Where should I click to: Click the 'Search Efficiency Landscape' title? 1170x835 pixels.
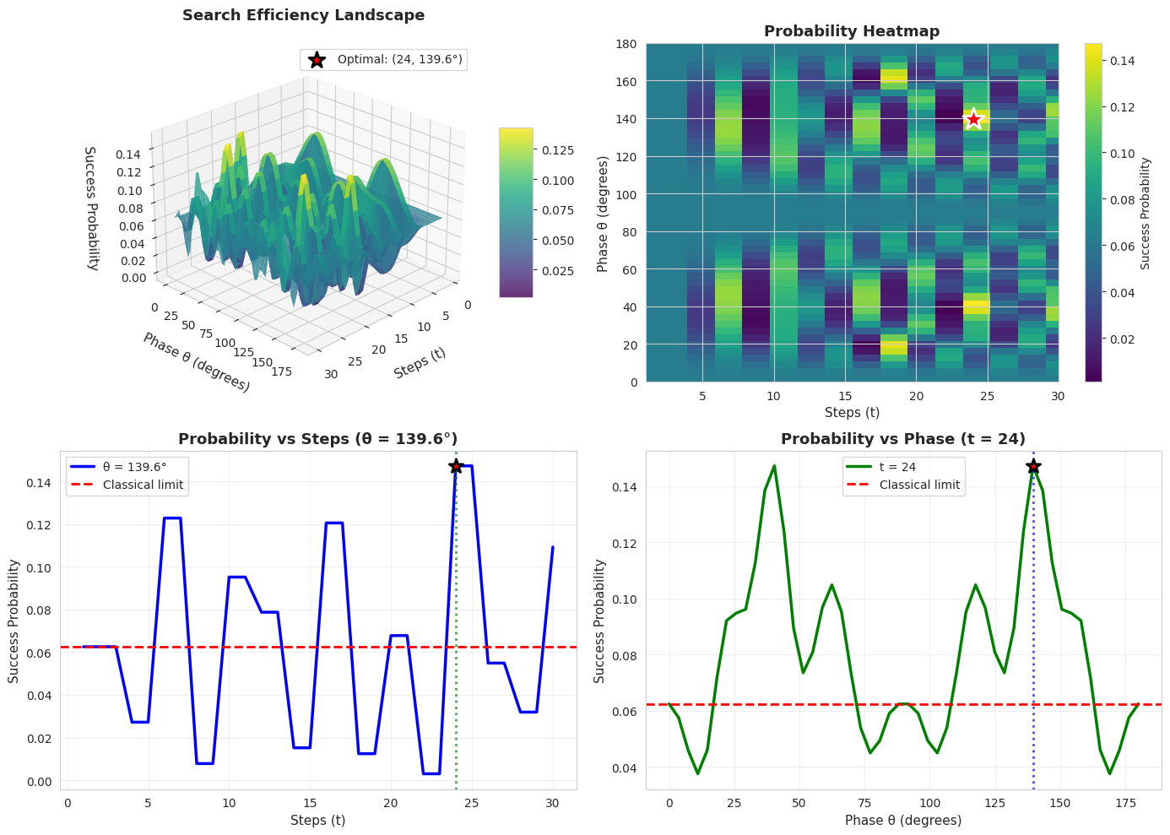[303, 15]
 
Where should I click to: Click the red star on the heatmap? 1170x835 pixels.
[973, 119]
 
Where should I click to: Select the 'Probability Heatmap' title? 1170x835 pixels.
[851, 31]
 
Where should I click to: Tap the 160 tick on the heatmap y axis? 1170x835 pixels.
[625, 82]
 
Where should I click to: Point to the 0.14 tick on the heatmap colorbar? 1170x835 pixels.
[1123, 61]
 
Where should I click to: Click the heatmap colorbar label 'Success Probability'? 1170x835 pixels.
[1146, 213]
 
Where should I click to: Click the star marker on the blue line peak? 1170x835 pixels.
[456, 466]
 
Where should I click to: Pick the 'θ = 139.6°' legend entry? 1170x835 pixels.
[134, 467]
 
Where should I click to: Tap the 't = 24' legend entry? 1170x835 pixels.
[897, 467]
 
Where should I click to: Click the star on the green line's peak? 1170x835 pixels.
[1033, 466]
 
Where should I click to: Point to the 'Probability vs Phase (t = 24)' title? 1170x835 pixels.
[902, 439]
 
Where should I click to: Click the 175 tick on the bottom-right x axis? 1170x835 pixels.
[1124, 803]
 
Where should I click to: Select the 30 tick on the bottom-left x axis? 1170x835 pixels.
[553, 802]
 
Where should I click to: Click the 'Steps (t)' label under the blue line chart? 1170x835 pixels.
[317, 820]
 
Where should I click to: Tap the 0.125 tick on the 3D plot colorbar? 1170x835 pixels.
[557, 150]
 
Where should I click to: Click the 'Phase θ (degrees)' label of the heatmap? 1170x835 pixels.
[603, 213]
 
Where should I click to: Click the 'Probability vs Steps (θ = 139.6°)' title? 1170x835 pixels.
[317, 439]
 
